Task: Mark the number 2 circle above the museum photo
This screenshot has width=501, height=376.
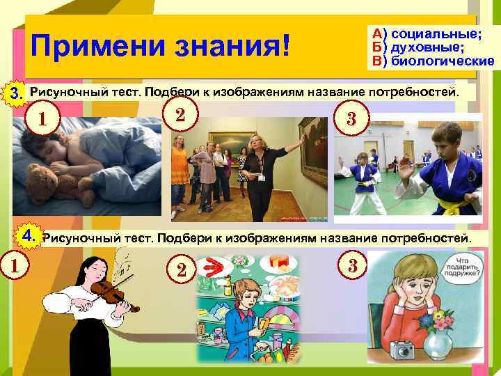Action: click(180, 114)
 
